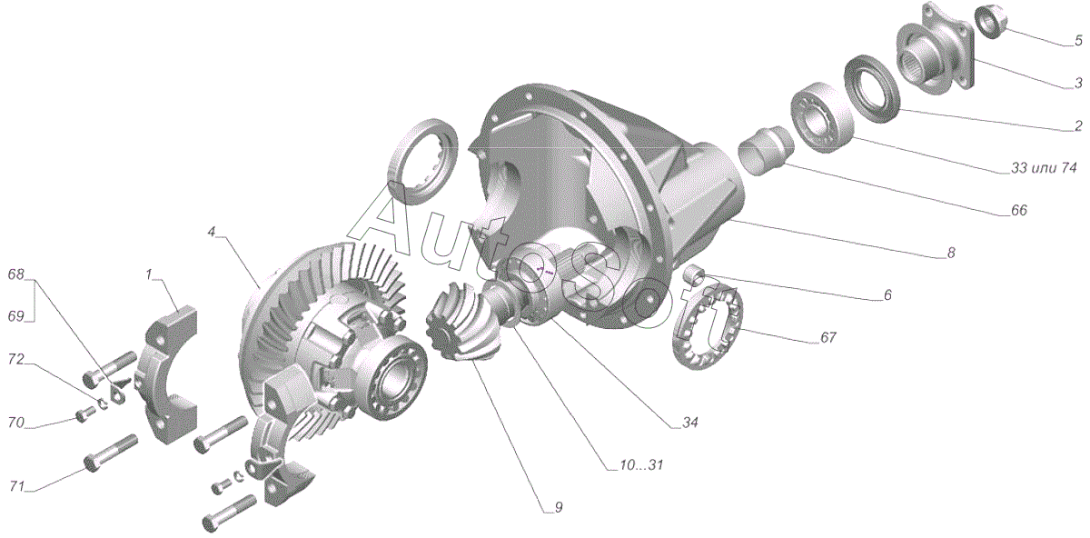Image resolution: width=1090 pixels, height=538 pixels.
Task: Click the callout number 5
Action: (1078, 41)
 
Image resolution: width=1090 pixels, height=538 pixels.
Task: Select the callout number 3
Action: (1078, 83)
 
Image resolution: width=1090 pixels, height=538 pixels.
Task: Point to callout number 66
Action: (1017, 210)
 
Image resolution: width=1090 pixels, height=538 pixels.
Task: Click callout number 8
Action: (951, 254)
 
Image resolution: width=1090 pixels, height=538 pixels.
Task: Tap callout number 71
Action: (15, 486)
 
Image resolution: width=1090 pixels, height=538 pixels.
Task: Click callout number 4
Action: (212, 232)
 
